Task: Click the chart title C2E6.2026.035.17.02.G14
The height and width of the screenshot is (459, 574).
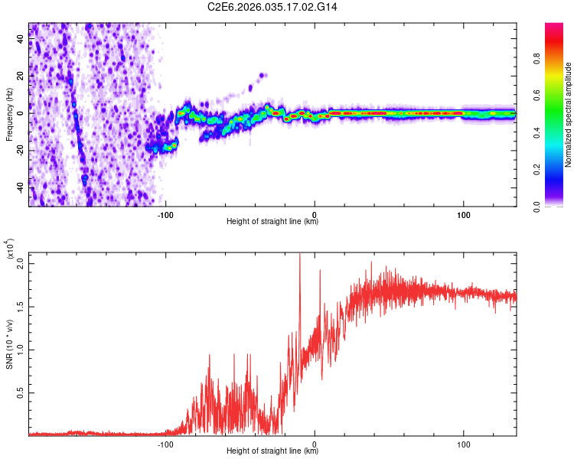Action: tap(272, 7)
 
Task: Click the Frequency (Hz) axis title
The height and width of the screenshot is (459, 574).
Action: tap(9, 115)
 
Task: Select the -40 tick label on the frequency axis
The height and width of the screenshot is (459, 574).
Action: tap(21, 187)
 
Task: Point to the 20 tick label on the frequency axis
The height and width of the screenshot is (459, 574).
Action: tap(21, 76)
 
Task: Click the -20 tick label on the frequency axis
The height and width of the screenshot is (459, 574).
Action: tap(21, 151)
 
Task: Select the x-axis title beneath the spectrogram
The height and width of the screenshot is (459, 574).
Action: tap(272, 223)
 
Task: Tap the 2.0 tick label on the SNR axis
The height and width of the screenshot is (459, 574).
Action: tap(21, 263)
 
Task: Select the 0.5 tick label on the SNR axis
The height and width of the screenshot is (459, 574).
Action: tap(21, 393)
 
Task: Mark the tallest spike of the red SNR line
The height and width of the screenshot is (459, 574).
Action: tap(300, 254)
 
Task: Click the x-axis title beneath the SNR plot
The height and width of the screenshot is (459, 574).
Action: tap(272, 451)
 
